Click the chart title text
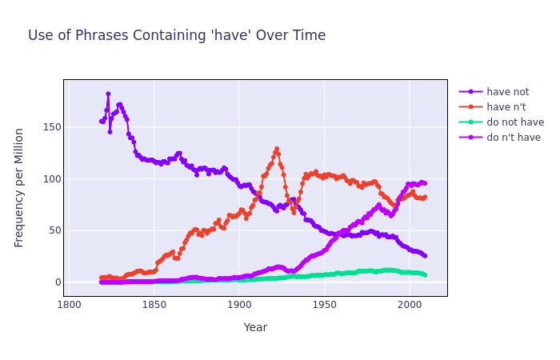tap(177, 36)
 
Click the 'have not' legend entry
tap(508, 92)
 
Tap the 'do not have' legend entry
tap(514, 122)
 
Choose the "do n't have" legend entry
tap(514, 138)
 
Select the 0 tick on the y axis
tap(56, 282)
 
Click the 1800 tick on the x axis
tap(70, 305)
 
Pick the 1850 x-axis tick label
tap(154, 305)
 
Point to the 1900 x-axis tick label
tap(239, 305)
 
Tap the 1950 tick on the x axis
tap(324, 305)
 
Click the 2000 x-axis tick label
tap(409, 305)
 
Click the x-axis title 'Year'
tap(255, 327)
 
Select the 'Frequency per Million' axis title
tap(20, 187)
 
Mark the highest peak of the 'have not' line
tap(108, 94)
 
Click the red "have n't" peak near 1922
tap(277, 149)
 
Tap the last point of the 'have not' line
tap(425, 256)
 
